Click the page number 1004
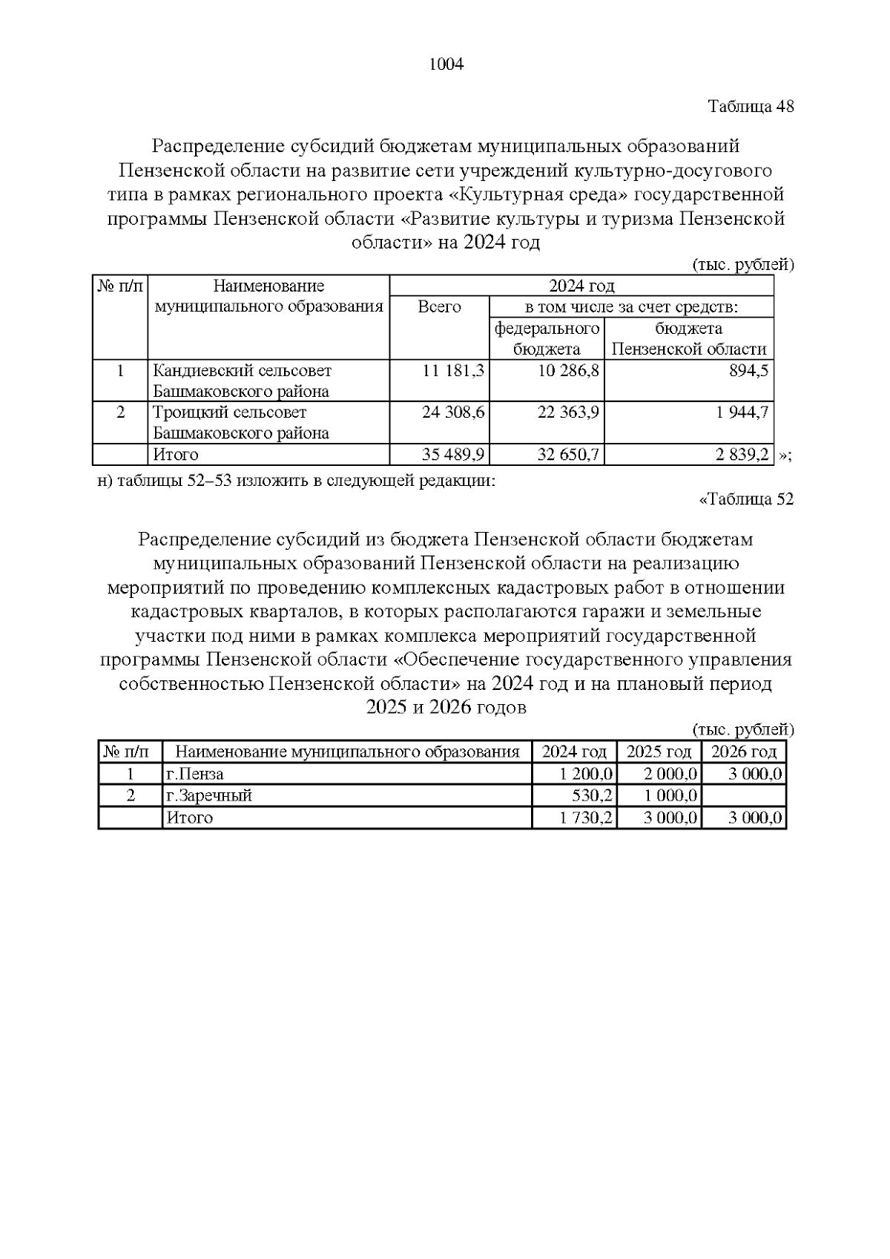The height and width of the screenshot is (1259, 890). pyautogui.click(x=446, y=65)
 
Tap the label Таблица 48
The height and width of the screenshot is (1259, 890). pyautogui.click(x=751, y=106)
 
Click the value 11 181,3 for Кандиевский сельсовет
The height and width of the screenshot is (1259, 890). pyautogui.click(x=453, y=370)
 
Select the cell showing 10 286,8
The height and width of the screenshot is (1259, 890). pyautogui.click(x=568, y=370)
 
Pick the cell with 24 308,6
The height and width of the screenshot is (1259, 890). pyautogui.click(x=453, y=412)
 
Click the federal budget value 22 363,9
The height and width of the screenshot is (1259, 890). pyautogui.click(x=568, y=412)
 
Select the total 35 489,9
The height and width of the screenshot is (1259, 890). pyautogui.click(x=453, y=454)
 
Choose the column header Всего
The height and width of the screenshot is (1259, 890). pyautogui.click(x=439, y=306)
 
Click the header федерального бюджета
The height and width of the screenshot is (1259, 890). pyautogui.click(x=547, y=338)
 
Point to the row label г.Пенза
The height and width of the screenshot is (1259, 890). pyautogui.click(x=194, y=774)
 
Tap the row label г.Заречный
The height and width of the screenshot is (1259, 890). pyautogui.click(x=208, y=796)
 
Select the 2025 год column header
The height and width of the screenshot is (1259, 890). pyautogui.click(x=659, y=752)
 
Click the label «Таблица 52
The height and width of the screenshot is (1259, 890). pyautogui.click(x=746, y=499)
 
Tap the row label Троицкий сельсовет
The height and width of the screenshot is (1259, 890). pyautogui.click(x=229, y=412)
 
